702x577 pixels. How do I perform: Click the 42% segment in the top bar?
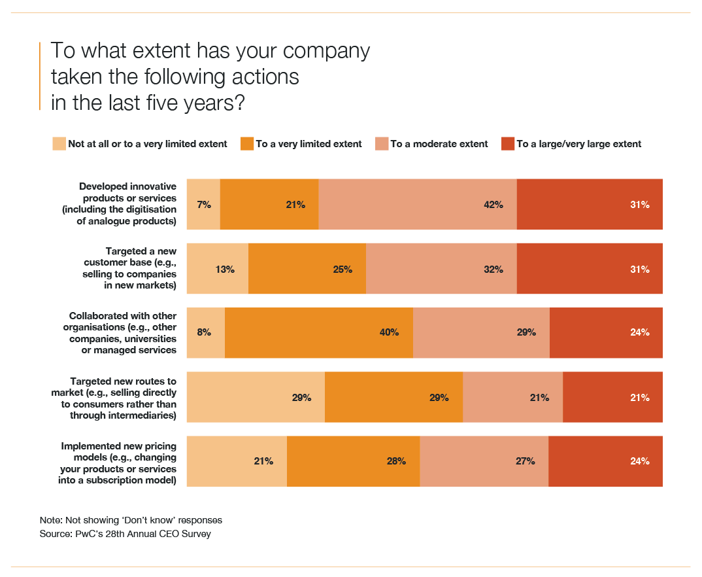417,204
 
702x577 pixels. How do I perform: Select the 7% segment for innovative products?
203,204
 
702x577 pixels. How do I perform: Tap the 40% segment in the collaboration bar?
318,332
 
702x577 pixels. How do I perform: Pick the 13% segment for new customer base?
218,269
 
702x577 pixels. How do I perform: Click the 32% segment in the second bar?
441,269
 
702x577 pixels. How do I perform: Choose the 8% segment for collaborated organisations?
206,332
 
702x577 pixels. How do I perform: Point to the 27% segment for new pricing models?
484,461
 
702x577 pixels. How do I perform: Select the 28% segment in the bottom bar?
353,461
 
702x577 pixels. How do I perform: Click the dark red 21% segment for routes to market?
612,397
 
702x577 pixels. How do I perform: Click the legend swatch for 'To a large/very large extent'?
508,144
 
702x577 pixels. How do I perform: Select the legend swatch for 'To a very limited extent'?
247,144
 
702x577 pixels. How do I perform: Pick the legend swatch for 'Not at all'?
59,144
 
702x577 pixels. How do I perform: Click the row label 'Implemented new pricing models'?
118,461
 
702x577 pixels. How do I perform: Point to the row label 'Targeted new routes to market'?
114,397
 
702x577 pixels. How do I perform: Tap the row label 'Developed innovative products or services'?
127,204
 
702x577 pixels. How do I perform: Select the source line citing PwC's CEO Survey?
125,534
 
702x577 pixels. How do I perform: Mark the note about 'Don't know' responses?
131,520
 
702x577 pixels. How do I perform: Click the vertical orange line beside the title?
41,76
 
